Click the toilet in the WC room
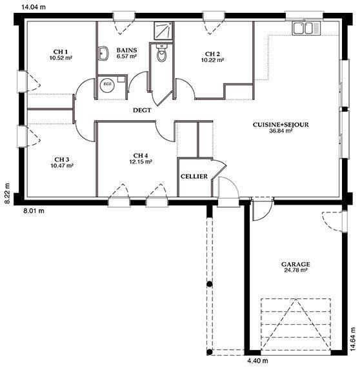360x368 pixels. coord(161,53)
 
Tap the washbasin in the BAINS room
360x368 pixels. coord(103,54)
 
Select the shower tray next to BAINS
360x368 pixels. coord(163,31)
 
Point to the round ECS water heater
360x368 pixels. coord(107,84)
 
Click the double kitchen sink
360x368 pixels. coord(306,28)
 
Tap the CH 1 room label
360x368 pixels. coord(61,52)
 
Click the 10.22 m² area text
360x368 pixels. coord(212,60)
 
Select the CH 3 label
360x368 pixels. coord(62,159)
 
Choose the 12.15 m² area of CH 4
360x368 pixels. coord(141,161)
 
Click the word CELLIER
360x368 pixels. coord(194,176)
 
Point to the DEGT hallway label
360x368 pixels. coord(142,110)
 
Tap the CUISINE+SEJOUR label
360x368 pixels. coord(281,125)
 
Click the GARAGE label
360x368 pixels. coord(295,264)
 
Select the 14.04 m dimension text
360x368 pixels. coord(34,7)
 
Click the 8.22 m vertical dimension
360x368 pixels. coord(7,194)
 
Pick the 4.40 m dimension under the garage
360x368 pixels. coord(258,360)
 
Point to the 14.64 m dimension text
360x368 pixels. coord(353,339)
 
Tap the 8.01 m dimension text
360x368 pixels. coord(34,210)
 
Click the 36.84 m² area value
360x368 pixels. coord(281,130)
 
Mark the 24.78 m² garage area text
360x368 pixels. coord(295,270)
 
